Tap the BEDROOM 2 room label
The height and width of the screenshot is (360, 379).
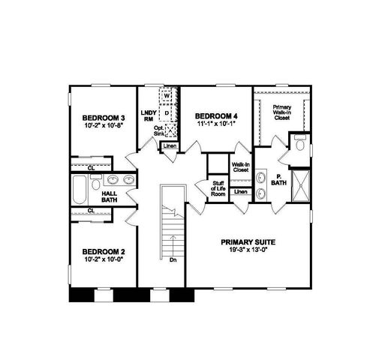[x=104, y=251]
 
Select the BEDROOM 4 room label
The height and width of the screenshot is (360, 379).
[x=215, y=115]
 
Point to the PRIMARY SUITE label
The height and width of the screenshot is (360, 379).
[x=248, y=242]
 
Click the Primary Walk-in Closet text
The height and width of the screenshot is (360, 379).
[x=281, y=112]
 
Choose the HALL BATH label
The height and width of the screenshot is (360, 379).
[x=109, y=196]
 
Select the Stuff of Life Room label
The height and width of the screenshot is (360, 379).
[x=218, y=187]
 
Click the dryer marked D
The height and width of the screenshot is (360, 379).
[x=167, y=112]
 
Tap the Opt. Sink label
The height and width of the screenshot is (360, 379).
[x=159, y=131]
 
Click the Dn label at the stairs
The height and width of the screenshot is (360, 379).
[x=173, y=260]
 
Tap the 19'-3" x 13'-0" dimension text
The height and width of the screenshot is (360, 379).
[x=248, y=251]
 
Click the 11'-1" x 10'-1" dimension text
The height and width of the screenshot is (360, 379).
[x=215, y=124]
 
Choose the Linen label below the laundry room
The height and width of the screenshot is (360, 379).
[x=170, y=145]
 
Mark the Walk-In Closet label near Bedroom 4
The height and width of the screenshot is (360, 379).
[x=241, y=167]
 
